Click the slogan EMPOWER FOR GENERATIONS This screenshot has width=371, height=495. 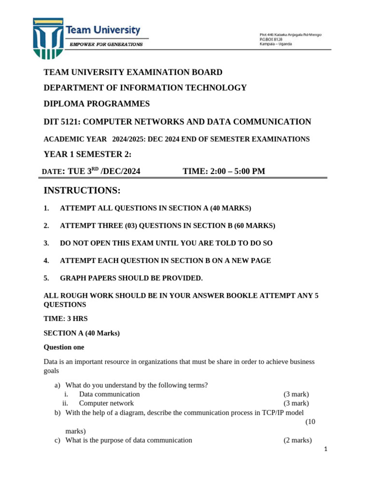click(106, 44)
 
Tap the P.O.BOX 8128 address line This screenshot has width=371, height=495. click(271, 39)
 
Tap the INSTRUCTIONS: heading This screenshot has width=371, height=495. click(82, 191)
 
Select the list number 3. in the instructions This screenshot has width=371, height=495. click(46, 243)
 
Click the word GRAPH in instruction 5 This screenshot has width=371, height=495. click(72, 278)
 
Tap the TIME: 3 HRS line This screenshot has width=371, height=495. click(66, 319)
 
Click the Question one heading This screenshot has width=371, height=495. click(64, 347)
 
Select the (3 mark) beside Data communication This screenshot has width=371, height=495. click(296, 394)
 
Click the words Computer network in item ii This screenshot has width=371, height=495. click(106, 403)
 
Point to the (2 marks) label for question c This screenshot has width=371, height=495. click(298, 440)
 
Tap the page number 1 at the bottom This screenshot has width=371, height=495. click(326, 449)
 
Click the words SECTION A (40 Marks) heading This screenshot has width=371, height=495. click(82, 333)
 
